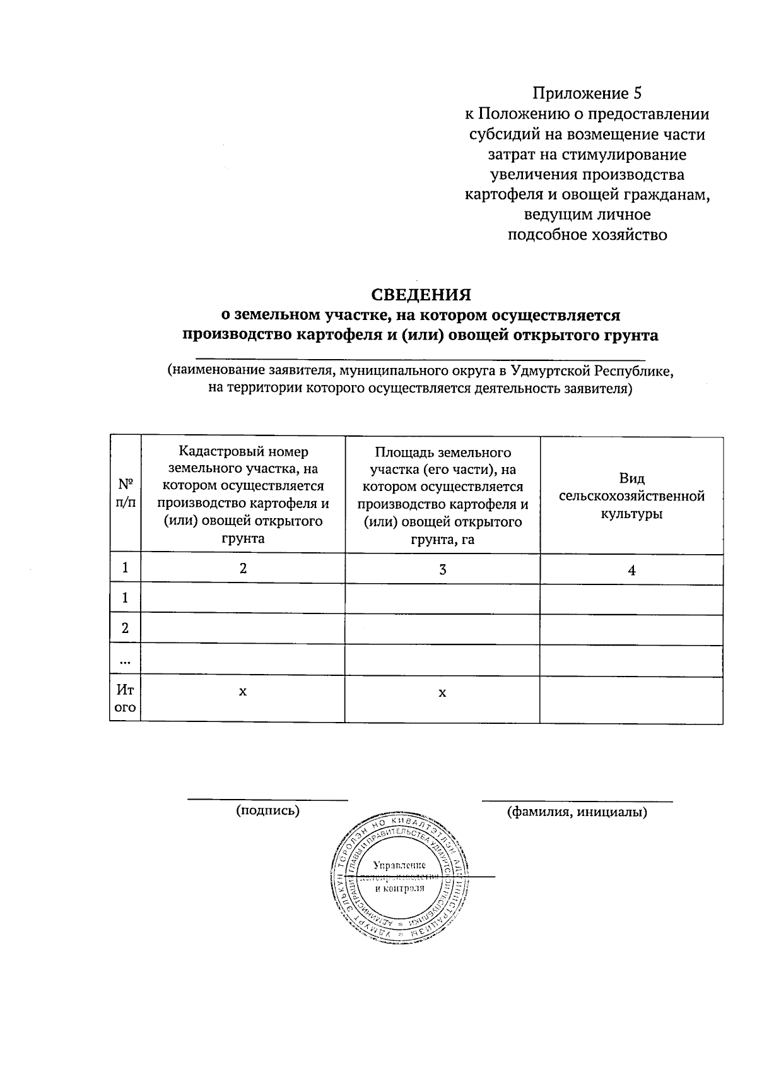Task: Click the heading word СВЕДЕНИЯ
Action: click(x=420, y=295)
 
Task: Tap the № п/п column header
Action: click(x=126, y=493)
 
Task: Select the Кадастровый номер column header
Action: click(x=243, y=495)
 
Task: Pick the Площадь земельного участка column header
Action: click(x=442, y=495)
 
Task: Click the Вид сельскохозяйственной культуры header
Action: click(x=631, y=496)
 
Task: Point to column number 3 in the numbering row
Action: click(x=442, y=569)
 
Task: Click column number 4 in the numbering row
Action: click(x=631, y=571)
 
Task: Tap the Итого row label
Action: click(x=126, y=699)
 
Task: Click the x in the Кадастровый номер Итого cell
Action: click(x=243, y=692)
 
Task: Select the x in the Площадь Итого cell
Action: click(x=442, y=693)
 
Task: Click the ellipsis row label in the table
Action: click(x=126, y=661)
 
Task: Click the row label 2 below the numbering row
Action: click(x=126, y=629)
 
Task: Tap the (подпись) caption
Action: click(x=267, y=810)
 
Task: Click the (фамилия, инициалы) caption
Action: click(x=577, y=812)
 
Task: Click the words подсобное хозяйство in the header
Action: click(x=587, y=235)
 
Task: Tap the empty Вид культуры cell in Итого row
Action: click(x=631, y=699)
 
